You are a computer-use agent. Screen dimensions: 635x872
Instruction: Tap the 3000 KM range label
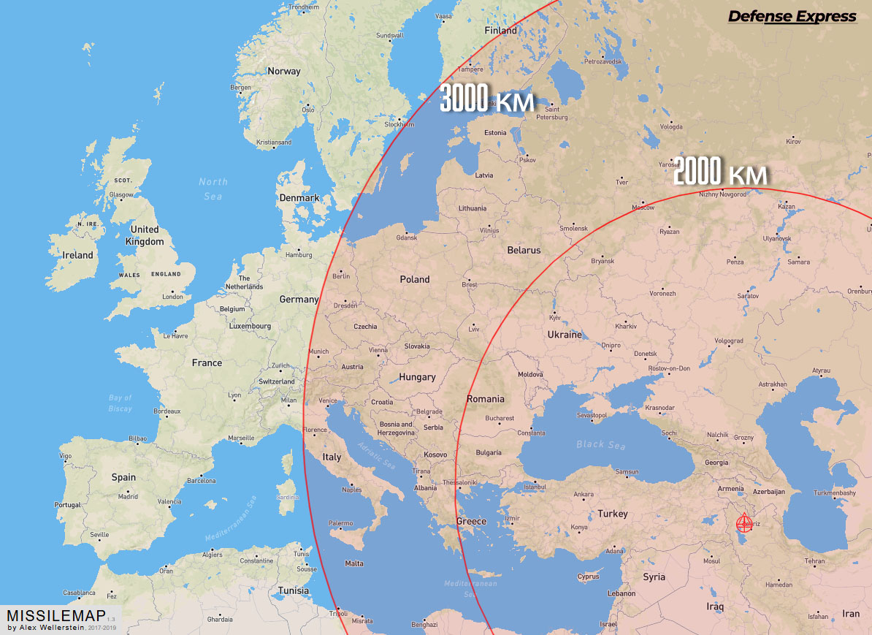click(487, 100)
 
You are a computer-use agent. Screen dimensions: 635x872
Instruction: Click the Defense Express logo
click(792, 16)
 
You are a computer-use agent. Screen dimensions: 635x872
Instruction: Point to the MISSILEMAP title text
click(56, 615)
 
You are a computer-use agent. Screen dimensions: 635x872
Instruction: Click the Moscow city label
click(643, 208)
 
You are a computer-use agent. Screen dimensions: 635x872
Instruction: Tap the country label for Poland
click(415, 279)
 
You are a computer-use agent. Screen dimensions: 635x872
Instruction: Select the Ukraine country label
click(565, 335)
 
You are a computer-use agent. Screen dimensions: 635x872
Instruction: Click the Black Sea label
click(600, 444)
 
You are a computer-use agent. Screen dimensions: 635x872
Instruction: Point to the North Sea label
click(213, 189)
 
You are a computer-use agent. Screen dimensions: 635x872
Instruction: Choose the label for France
click(207, 362)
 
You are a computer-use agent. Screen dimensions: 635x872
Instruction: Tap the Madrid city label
click(128, 497)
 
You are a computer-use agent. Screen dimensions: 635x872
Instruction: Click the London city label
click(173, 297)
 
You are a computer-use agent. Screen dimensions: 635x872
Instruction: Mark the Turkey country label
click(612, 514)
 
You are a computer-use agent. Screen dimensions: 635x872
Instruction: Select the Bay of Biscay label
click(121, 403)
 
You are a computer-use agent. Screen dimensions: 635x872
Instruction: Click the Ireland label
click(78, 255)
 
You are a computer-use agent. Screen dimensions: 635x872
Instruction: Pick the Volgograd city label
click(728, 341)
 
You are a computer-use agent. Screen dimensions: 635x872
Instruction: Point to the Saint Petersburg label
click(551, 113)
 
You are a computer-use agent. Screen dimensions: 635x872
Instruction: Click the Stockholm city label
click(399, 124)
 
